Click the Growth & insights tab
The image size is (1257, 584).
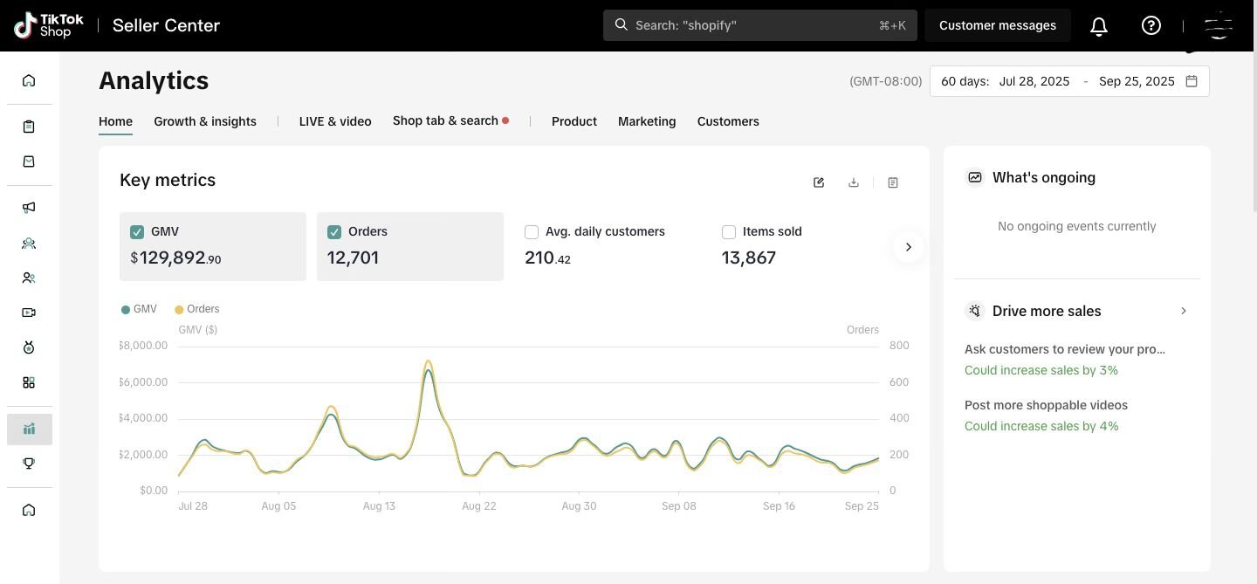point(205,121)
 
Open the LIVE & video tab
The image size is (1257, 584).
point(335,121)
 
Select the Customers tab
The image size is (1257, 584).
point(728,121)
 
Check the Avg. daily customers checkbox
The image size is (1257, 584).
point(532,232)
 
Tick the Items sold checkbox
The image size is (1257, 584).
point(729,232)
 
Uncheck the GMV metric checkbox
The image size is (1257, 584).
point(137,232)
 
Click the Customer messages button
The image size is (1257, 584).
point(998,25)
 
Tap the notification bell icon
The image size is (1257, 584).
point(1099,26)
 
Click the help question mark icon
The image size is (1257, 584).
point(1151,25)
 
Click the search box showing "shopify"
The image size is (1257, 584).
point(759,25)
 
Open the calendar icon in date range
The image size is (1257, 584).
point(1192,81)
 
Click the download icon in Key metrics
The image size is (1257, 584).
point(854,182)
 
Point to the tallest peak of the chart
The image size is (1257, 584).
point(428,361)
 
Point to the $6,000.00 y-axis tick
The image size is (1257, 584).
point(144,382)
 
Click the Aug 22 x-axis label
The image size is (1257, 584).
point(479,506)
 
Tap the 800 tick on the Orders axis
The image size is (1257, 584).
point(899,346)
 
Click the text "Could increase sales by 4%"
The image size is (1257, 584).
point(1041,426)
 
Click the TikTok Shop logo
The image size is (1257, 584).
point(49,25)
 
